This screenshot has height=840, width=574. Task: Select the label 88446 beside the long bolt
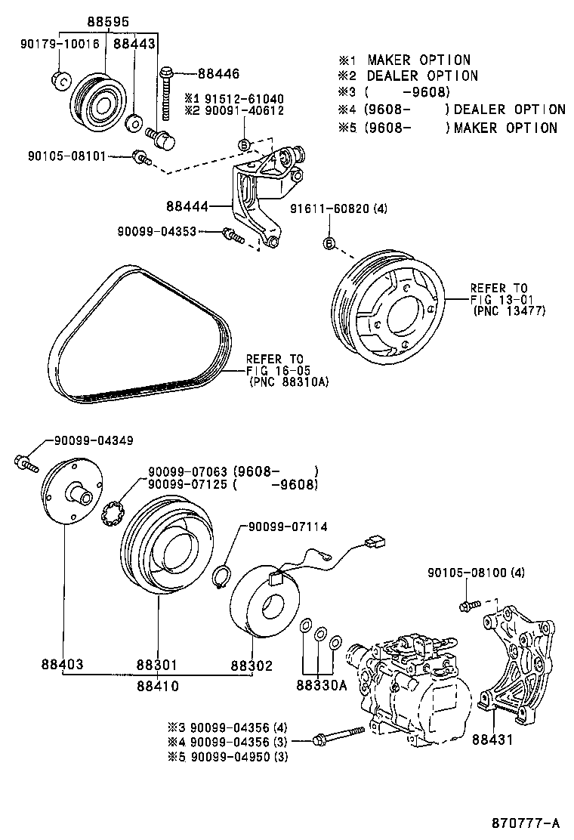pyautogui.click(x=218, y=73)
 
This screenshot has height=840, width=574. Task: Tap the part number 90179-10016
pyautogui.click(x=60, y=44)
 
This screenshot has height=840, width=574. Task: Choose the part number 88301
pyautogui.click(x=157, y=666)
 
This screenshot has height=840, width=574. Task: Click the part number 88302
pyautogui.click(x=252, y=666)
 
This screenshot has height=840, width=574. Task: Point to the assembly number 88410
pyautogui.click(x=157, y=686)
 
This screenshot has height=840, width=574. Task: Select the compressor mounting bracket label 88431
pyautogui.click(x=492, y=739)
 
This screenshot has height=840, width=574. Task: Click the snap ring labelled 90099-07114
pyautogui.click(x=221, y=577)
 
